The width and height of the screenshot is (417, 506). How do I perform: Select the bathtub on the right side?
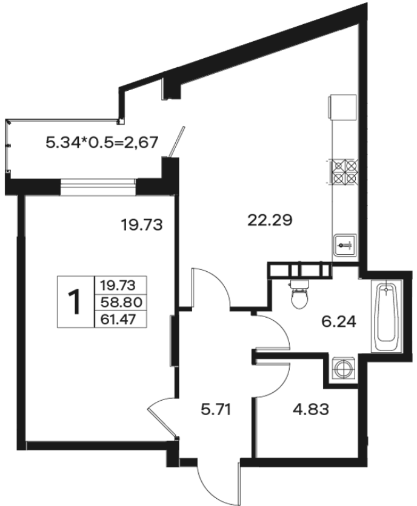(386, 316)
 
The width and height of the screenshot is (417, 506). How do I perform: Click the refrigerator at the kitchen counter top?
(342, 108)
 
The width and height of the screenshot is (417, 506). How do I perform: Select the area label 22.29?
(270, 220)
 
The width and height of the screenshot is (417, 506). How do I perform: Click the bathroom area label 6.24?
(338, 322)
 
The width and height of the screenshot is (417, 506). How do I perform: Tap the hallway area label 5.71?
(216, 410)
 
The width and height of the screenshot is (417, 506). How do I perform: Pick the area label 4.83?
(311, 410)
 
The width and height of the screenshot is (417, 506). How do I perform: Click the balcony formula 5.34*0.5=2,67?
(102, 142)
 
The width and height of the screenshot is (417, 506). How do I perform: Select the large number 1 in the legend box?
(75, 302)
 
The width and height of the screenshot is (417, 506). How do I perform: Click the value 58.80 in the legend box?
(121, 303)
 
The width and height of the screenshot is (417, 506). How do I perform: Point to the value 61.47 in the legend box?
(118, 320)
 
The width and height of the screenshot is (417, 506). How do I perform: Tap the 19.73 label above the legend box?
(141, 225)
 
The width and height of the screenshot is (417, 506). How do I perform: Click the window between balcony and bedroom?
(98, 186)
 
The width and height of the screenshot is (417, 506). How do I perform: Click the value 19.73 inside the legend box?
(118, 285)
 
